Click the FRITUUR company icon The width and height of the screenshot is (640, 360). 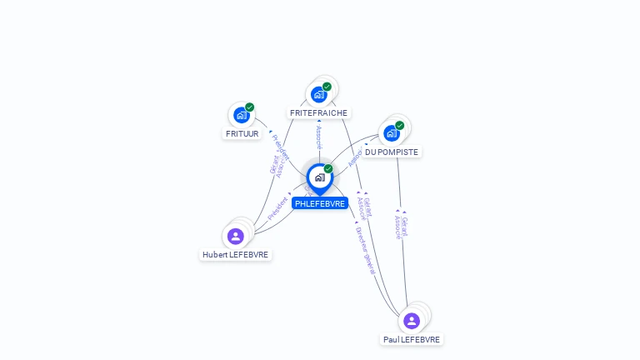pyautogui.click(x=241, y=115)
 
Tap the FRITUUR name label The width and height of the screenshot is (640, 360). pyautogui.click(x=242, y=133)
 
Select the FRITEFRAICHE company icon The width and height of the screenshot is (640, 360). pyautogui.click(x=318, y=94)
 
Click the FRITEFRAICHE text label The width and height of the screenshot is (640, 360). pyautogui.click(x=318, y=112)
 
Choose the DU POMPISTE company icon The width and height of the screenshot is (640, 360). pyautogui.click(x=391, y=132)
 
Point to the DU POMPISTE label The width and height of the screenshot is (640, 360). pyautogui.click(x=392, y=152)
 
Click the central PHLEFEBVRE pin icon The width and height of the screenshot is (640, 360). pyautogui.click(x=319, y=177)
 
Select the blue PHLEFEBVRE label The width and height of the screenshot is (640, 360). pyautogui.click(x=320, y=203)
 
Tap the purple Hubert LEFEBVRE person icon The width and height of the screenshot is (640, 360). pyautogui.click(x=236, y=237)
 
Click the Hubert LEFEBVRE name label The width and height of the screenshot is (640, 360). pyautogui.click(x=236, y=254)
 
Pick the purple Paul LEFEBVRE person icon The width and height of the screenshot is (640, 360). pyautogui.click(x=412, y=321)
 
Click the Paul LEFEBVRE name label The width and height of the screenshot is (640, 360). pyautogui.click(x=412, y=339)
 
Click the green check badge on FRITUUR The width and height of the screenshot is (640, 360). pyautogui.click(x=249, y=107)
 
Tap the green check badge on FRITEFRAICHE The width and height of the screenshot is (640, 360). pyautogui.click(x=327, y=87)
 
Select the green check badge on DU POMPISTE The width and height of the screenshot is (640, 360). pyautogui.click(x=399, y=126)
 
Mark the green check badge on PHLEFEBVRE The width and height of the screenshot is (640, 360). pyautogui.click(x=328, y=169)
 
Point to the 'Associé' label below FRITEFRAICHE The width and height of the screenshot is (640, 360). pyautogui.click(x=318, y=137)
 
